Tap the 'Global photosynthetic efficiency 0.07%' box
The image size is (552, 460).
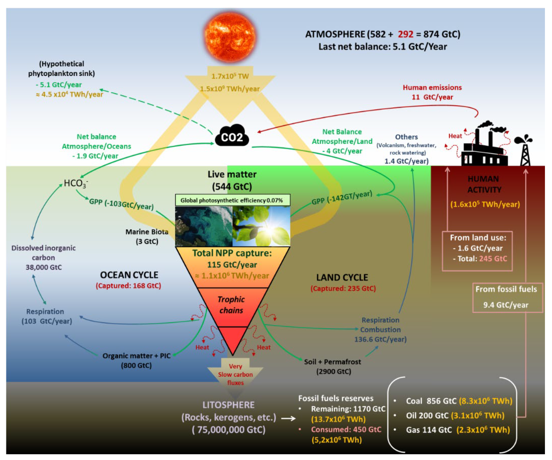(x=232, y=200)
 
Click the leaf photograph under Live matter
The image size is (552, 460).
(x=261, y=226)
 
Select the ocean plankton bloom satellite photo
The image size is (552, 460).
(x=204, y=226)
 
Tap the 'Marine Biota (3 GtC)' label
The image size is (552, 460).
(x=147, y=236)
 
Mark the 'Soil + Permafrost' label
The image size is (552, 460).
(x=332, y=362)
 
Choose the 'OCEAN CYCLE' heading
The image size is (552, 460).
(x=129, y=275)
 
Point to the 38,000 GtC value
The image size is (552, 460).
(x=44, y=267)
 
